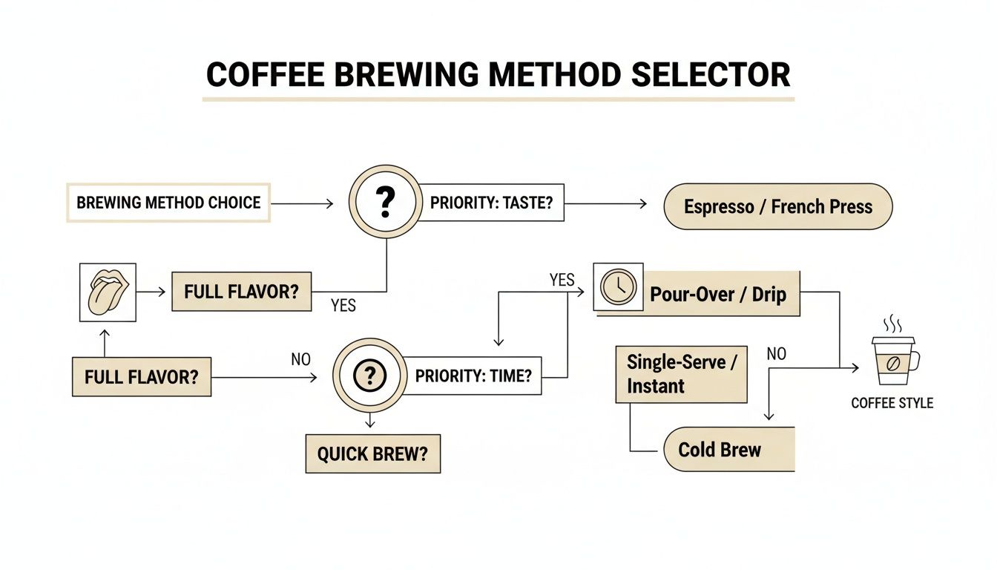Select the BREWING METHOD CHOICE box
[168, 203]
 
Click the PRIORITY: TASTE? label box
[491, 203]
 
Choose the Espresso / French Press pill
[777, 206]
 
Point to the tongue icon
[108, 292]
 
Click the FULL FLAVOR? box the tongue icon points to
[241, 292]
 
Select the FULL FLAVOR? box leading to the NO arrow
[141, 376]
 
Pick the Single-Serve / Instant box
[681, 374]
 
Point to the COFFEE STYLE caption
[892, 404]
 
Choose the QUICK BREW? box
[372, 454]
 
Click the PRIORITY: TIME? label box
[473, 376]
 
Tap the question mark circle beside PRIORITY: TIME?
[369, 376]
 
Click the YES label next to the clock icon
[562, 280]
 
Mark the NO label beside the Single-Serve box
[776, 354]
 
